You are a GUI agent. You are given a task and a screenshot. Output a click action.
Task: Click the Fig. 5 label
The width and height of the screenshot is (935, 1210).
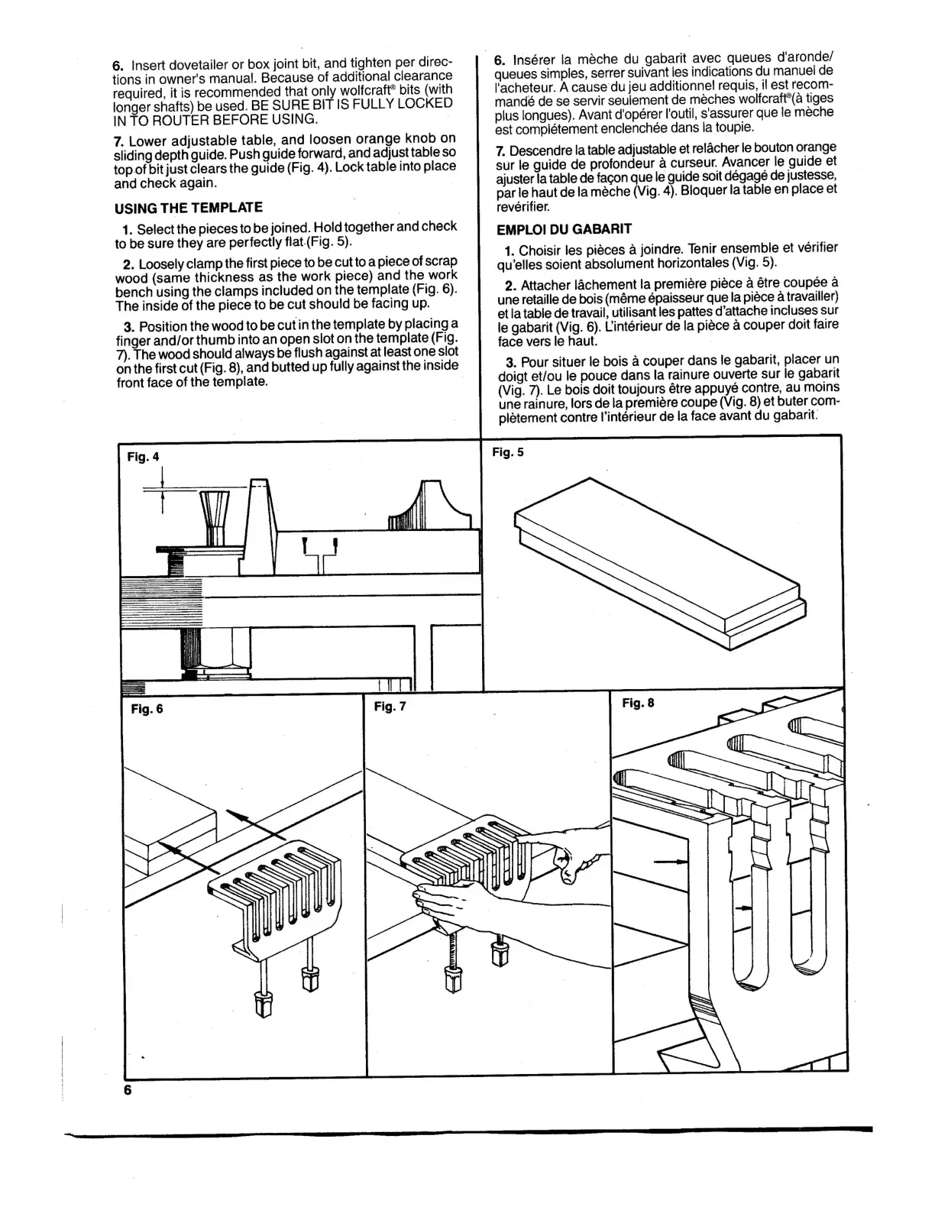pyautogui.click(x=508, y=452)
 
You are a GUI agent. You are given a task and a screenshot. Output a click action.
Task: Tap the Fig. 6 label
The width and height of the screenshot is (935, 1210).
pyautogui.click(x=147, y=708)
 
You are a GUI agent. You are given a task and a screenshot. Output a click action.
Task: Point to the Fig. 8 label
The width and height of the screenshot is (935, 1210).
pyautogui.click(x=638, y=703)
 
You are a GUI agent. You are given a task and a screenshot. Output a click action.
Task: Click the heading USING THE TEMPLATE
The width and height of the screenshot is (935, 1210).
pyautogui.click(x=188, y=208)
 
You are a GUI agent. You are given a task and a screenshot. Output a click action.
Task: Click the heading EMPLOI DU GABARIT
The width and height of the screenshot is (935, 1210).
pyautogui.click(x=564, y=228)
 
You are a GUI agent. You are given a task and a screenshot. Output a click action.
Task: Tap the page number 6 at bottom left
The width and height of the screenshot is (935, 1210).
pyautogui.click(x=128, y=1090)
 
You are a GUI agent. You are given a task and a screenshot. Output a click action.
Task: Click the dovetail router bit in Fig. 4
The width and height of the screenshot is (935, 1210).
pyautogui.click(x=214, y=516)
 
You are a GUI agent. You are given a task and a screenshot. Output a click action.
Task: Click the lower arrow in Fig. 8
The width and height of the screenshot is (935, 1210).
pyautogui.click(x=740, y=908)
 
